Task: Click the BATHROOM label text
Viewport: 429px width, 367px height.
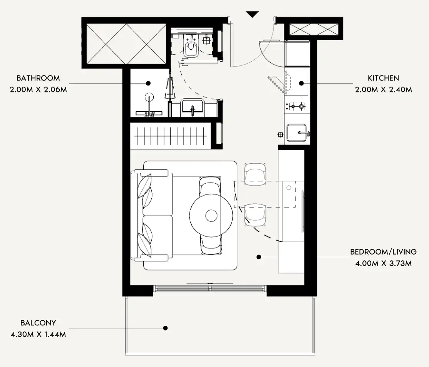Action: [x=38, y=78]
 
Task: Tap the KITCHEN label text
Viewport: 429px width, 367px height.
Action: [x=383, y=78]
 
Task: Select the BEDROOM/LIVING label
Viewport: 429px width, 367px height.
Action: [x=383, y=252]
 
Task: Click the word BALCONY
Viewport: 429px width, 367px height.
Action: [x=38, y=323]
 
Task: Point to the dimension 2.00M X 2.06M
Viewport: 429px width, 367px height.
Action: [x=38, y=90]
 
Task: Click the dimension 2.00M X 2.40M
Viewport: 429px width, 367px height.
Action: [x=383, y=90]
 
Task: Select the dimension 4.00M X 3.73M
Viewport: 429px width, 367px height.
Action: [x=383, y=263]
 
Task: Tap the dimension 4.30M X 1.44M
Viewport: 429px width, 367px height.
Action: [x=38, y=334]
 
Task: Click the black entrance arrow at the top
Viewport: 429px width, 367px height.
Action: [x=252, y=14]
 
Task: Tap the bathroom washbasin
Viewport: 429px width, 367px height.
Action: [x=192, y=106]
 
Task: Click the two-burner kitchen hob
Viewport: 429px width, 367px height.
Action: [x=297, y=106]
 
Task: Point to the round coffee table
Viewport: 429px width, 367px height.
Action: [x=211, y=216]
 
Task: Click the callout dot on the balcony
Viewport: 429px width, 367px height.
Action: [x=165, y=328]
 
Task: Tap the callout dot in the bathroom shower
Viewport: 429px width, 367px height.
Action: [x=148, y=83]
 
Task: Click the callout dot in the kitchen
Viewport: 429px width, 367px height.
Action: [x=302, y=83]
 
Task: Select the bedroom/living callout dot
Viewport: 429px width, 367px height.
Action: [x=259, y=257]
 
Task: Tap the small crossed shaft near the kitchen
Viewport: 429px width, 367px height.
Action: [x=314, y=30]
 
